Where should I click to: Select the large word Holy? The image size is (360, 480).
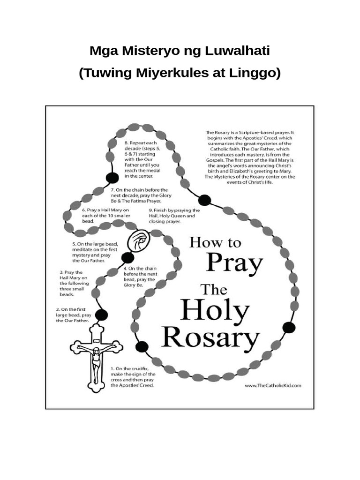[x=215, y=311]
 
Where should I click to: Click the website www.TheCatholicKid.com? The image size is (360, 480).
[x=273, y=385]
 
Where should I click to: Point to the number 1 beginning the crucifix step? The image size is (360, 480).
[x=113, y=369]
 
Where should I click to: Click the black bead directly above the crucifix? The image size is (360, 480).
[x=100, y=315]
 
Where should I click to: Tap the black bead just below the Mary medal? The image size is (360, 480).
[x=126, y=257]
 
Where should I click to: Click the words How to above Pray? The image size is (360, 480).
[x=215, y=243]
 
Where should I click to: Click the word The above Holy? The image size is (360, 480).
[x=214, y=289]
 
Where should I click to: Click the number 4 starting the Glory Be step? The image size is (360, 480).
[x=126, y=268]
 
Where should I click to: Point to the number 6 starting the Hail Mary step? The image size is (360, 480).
[x=83, y=210]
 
